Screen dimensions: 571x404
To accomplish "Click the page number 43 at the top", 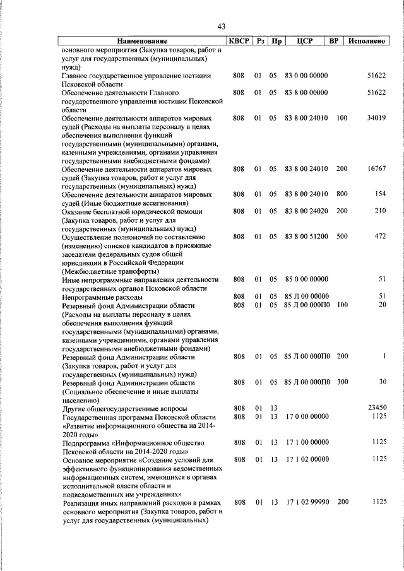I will (221, 26).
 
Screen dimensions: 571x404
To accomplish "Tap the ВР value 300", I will (342, 382).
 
